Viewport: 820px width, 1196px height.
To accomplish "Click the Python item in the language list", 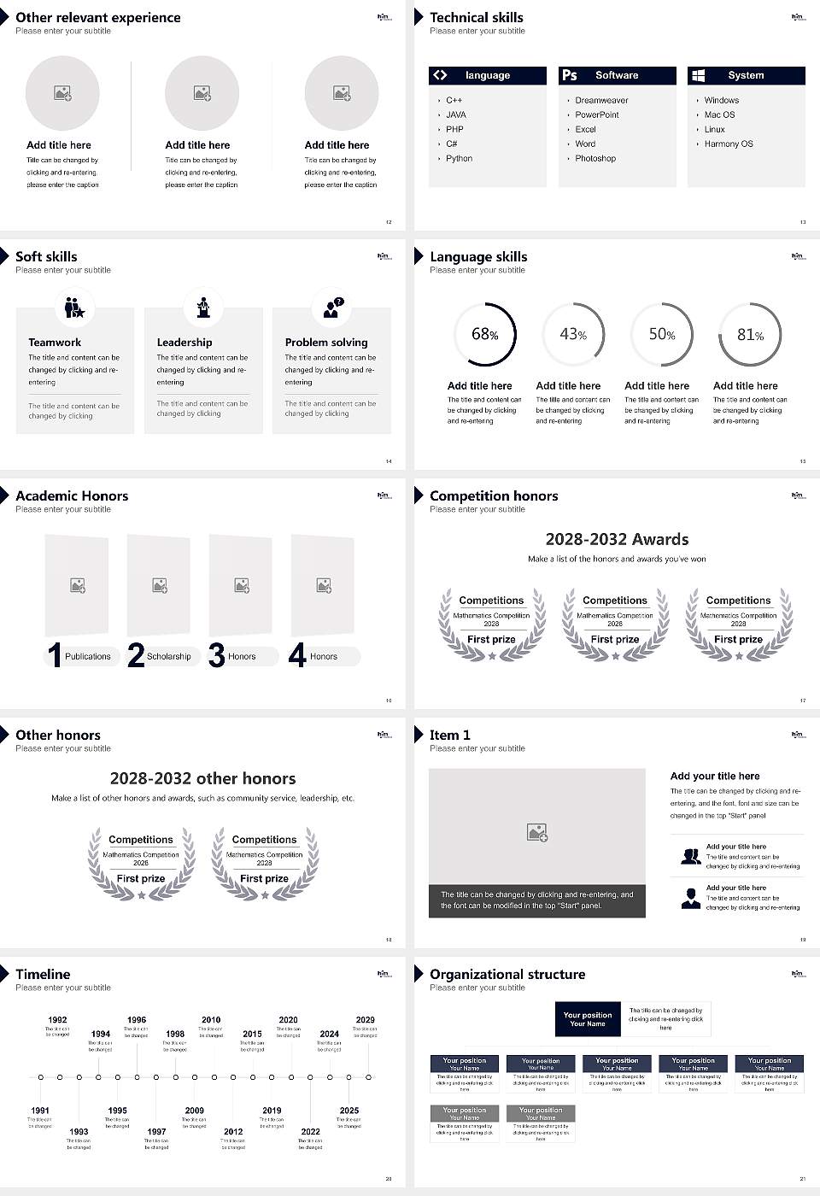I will click(459, 159).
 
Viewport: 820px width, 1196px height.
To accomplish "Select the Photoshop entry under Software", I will click(595, 159).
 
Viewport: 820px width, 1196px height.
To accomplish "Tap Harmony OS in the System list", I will click(729, 144).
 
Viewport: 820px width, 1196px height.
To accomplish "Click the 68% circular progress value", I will click(484, 334).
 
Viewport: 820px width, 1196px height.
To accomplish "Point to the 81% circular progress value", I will click(750, 335).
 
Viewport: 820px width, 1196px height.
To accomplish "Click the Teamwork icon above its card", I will click(74, 307).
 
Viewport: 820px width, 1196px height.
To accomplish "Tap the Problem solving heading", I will click(326, 342).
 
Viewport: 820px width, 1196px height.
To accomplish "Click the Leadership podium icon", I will click(203, 307).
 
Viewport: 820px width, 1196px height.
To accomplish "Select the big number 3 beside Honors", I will click(216, 655).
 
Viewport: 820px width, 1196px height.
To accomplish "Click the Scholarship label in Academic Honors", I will click(168, 656).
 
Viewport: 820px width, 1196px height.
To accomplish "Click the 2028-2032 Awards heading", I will click(617, 539).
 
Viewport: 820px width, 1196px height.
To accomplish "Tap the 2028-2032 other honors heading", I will click(202, 778).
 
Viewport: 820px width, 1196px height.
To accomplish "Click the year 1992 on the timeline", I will click(57, 1020).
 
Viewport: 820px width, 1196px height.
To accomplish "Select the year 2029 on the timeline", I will click(365, 1020).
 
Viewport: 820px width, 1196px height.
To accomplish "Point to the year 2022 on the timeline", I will click(310, 1132).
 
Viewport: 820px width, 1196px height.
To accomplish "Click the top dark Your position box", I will click(588, 1019).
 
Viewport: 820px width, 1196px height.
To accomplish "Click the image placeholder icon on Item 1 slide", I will click(537, 831).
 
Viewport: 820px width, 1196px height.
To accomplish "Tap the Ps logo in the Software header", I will click(570, 75).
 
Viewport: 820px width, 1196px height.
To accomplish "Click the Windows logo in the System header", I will click(698, 75).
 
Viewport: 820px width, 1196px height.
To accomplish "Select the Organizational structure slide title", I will click(507, 974).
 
